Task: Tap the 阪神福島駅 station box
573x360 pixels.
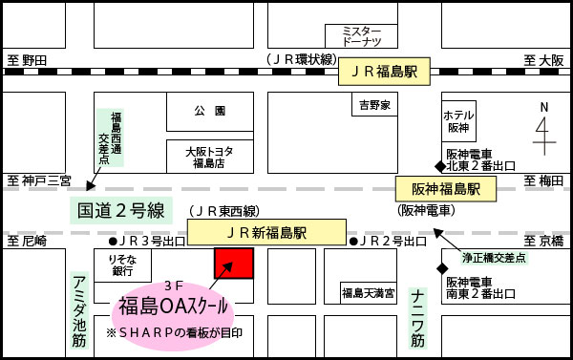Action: click(445, 189)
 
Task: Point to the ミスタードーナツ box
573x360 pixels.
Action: click(361, 36)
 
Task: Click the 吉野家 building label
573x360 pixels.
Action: click(374, 104)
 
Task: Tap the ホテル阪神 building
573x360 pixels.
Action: click(458, 121)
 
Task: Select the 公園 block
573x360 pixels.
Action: click(208, 112)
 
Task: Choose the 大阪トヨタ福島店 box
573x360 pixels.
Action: click(208, 156)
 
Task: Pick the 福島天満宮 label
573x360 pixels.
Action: click(368, 291)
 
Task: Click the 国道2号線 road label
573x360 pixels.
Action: click(120, 210)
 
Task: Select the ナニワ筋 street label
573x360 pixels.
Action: click(417, 318)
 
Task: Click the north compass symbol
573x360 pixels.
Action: click(543, 128)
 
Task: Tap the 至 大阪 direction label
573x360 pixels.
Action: click(543, 59)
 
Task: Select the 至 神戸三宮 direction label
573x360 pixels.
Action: click(39, 180)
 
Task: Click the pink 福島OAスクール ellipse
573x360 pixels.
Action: click(175, 307)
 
